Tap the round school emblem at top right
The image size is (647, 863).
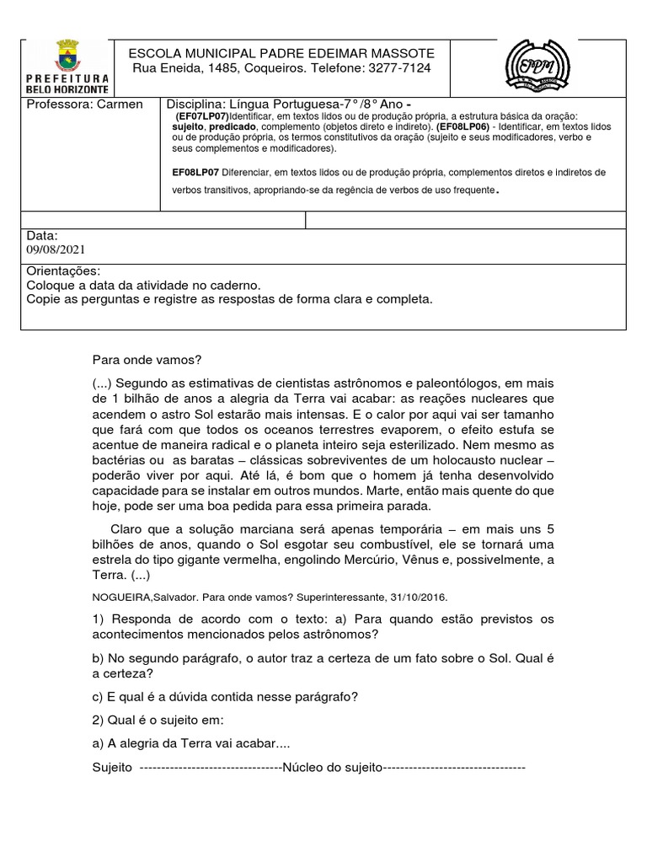[537, 67]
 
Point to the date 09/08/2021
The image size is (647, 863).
[56, 249]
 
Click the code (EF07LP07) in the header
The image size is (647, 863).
[202, 115]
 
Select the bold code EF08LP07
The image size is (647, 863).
[195, 172]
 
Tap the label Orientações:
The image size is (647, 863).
[63, 271]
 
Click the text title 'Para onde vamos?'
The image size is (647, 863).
[147, 360]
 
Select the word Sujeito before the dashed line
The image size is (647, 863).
[112, 768]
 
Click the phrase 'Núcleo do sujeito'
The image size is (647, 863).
[334, 768]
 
